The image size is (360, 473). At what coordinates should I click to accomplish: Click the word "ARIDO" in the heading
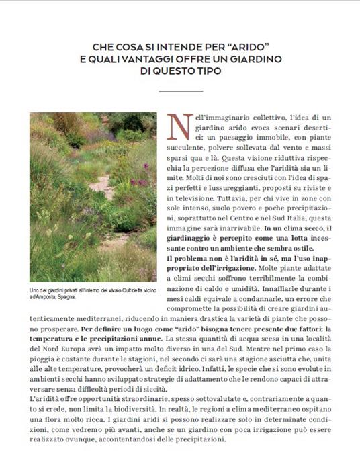tap(248, 47)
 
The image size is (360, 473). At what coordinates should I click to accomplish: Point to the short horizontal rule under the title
tap(180, 90)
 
